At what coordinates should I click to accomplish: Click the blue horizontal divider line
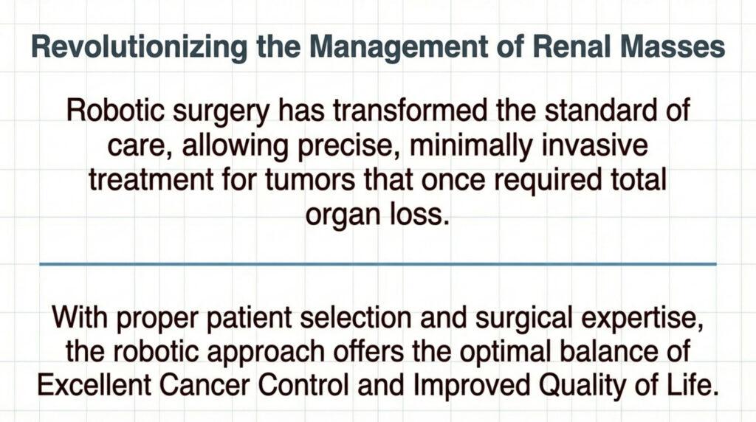click(x=377, y=263)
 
